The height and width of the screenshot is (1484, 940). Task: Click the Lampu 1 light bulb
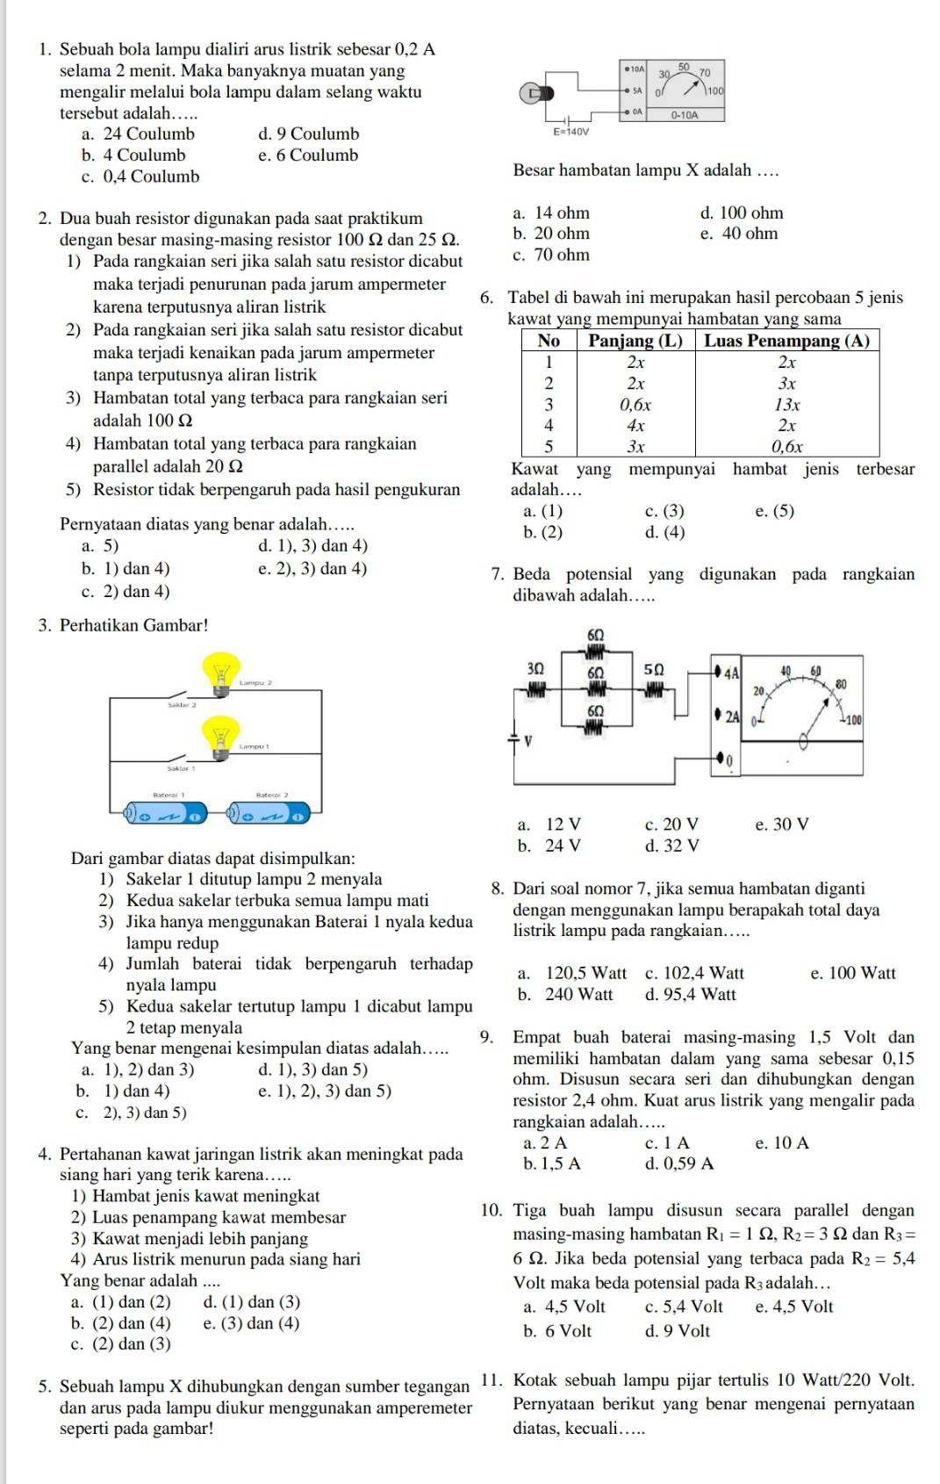(x=220, y=736)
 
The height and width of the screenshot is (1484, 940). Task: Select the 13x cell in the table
(x=787, y=405)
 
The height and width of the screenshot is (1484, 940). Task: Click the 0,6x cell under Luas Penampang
(x=787, y=447)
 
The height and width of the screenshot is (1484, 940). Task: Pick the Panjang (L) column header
(x=635, y=341)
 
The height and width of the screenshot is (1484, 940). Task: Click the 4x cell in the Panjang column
(x=635, y=426)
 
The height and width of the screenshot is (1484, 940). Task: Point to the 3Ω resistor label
(x=535, y=669)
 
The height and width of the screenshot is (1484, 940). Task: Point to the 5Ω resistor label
(x=655, y=669)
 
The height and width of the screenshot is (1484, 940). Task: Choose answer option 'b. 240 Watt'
(x=565, y=995)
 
